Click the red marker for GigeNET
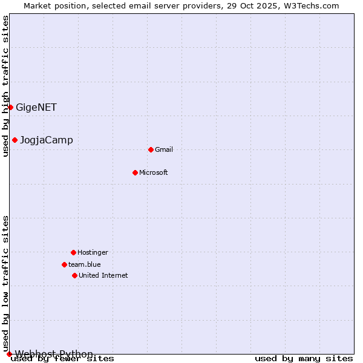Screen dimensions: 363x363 point(10,107)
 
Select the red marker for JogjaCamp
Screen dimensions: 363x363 point(15,140)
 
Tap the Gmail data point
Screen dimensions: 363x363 point(151,149)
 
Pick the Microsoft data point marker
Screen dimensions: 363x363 point(135,172)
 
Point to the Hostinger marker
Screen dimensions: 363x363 point(73,252)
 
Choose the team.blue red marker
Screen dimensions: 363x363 point(64,264)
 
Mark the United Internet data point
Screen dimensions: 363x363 point(74,275)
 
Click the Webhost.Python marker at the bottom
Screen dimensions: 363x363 point(9,354)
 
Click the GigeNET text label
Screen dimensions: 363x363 point(36,108)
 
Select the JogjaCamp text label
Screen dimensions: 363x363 point(47,140)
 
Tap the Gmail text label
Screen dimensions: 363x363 point(164,150)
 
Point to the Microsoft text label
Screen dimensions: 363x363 point(154,173)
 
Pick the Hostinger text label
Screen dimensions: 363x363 point(93,253)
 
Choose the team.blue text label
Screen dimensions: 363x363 point(85,265)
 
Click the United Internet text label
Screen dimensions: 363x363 point(103,276)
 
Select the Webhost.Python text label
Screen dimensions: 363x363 point(54,354)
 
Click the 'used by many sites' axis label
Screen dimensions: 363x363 point(304,359)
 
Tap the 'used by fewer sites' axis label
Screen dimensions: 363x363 point(63,359)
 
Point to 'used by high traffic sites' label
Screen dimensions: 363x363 point(6,86)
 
